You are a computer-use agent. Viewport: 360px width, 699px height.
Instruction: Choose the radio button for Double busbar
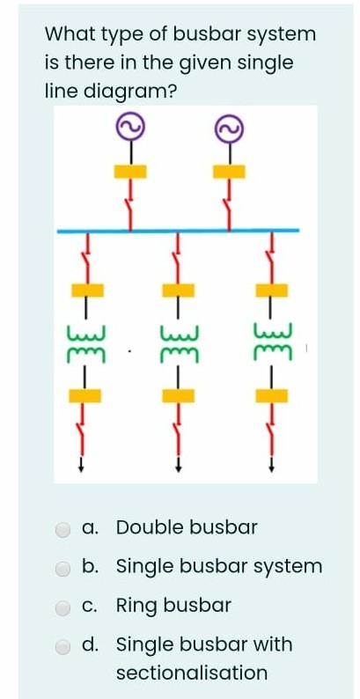pos(63,529)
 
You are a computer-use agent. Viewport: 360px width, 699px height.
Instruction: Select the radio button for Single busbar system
pos(63,568)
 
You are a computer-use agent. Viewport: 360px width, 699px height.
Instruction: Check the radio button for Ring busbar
pos(63,607)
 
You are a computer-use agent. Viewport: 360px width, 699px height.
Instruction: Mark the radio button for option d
pos(63,646)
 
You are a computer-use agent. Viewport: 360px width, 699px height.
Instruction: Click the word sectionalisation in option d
pos(191,673)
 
